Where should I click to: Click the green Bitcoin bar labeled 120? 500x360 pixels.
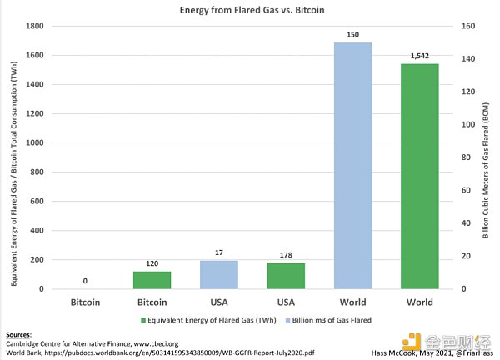click(152, 280)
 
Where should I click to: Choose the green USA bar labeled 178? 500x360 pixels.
click(287, 276)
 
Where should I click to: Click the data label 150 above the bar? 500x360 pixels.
click(352, 35)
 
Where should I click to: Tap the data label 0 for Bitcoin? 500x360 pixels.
click(84, 282)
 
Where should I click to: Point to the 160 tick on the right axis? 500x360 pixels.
click(456, 27)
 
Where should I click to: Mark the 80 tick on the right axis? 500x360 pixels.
click(456, 157)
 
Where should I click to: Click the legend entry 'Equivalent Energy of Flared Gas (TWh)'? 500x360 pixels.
click(221, 319)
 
